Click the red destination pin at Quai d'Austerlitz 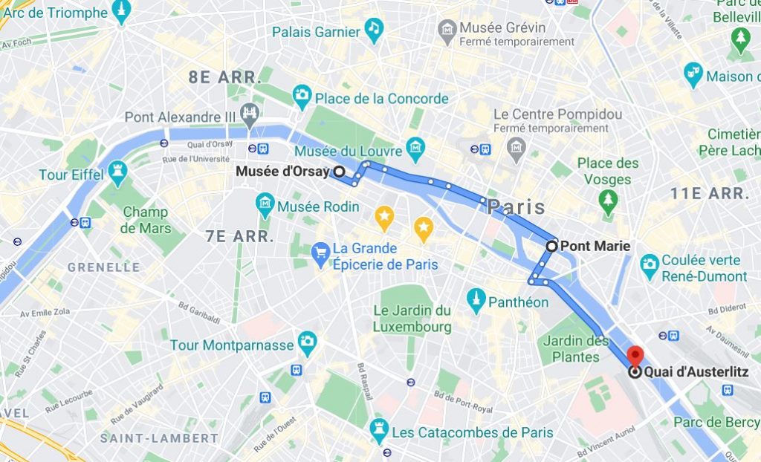coord(635,355)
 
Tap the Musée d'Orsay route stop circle coord(339,172)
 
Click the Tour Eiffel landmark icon coord(117,173)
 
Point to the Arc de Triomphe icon coord(122,10)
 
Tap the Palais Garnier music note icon coord(373,30)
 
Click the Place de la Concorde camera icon coord(302,94)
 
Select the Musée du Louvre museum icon coord(415,145)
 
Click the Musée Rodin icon coord(265,201)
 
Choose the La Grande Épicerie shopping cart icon coord(321,253)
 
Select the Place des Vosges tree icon coord(609,198)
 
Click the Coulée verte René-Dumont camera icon coord(650,264)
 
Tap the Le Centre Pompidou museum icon coord(516,149)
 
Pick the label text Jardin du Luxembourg coord(412,318)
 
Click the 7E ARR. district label coord(239,237)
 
